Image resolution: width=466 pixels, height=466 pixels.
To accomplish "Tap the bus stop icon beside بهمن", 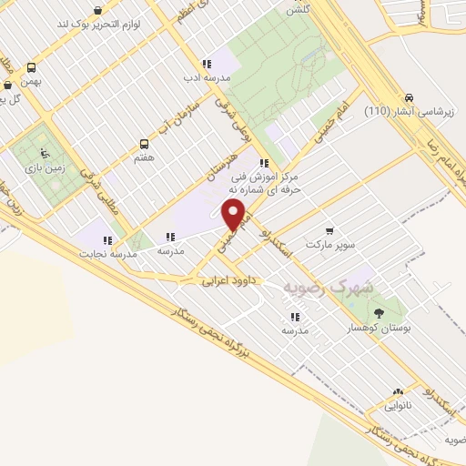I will tap(32, 67).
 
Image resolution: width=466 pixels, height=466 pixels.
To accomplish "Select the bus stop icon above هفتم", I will tap(143, 144).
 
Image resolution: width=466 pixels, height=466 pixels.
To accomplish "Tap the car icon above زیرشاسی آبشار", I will tap(410, 97).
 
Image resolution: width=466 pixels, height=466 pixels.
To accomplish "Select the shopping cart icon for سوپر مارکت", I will tap(329, 231).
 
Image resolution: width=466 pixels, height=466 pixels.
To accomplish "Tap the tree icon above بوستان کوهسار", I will tap(379, 312).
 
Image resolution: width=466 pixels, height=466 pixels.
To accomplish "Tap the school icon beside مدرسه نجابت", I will tap(107, 241).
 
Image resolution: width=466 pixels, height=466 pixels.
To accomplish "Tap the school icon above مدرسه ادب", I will tap(207, 64).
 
